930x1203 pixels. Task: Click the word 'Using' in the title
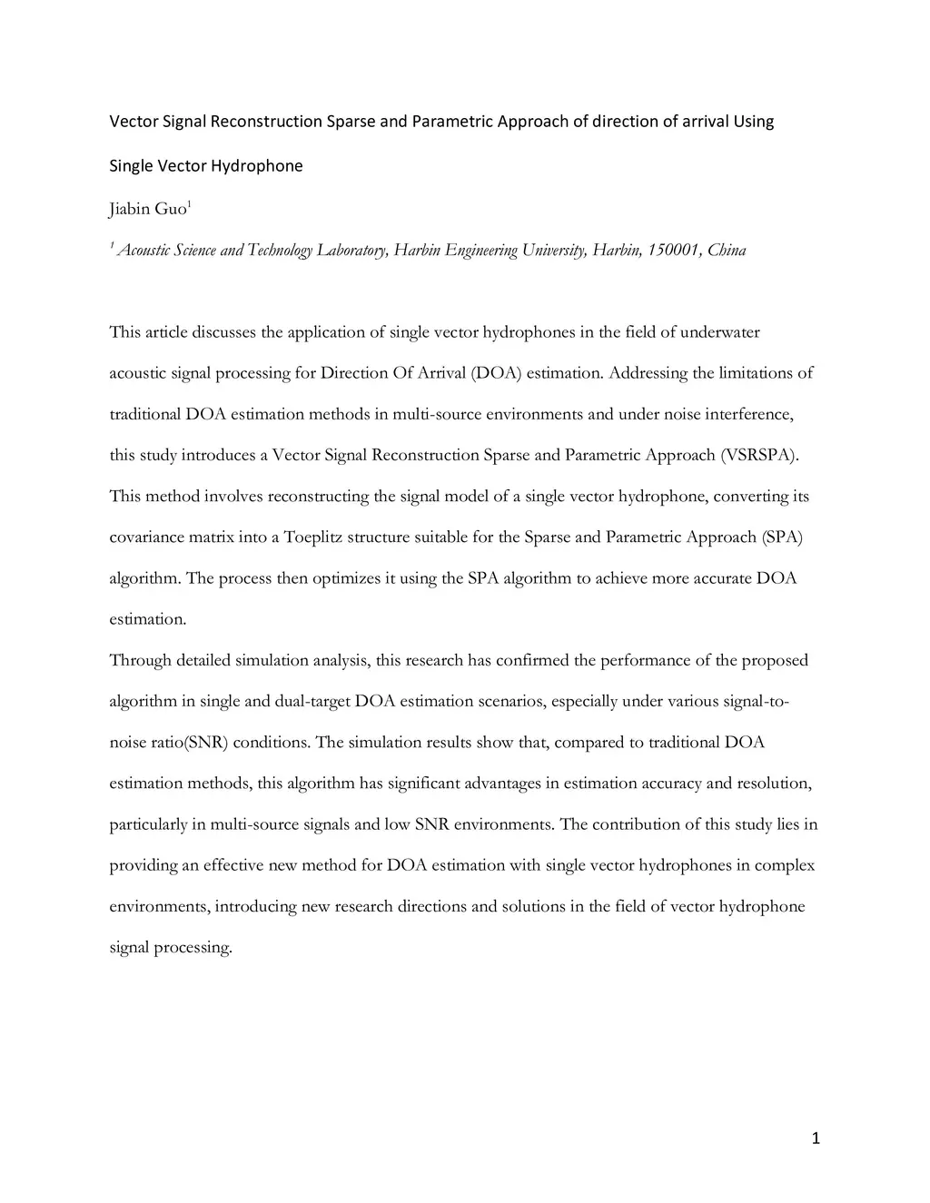tap(754, 122)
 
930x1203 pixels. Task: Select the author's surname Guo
tap(170, 210)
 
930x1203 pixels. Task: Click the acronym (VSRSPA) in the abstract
tap(760, 455)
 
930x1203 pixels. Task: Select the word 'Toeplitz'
tap(313, 537)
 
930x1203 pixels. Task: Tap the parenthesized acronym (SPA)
tap(782, 537)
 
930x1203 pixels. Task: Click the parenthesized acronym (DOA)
tap(496, 373)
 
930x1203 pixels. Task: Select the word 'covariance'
tap(148, 537)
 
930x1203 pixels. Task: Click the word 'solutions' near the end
tap(532, 906)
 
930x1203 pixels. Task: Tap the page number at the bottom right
tap(815, 1139)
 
